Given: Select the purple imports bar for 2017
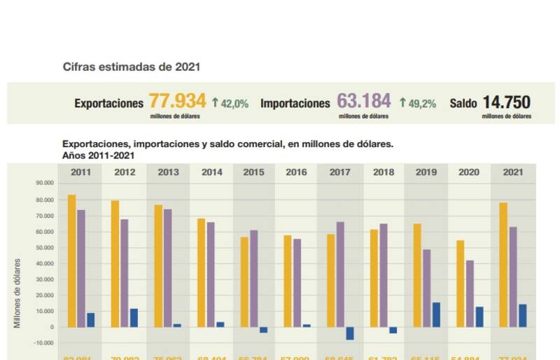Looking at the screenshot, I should click(x=340, y=274).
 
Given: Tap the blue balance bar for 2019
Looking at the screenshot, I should click(x=436, y=314).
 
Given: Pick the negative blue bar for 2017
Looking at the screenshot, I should click(x=350, y=333).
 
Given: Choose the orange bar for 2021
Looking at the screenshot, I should click(x=503, y=265).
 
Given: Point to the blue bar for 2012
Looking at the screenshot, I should click(x=134, y=318).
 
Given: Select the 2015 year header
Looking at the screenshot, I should click(x=253, y=172).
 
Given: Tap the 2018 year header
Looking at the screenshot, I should click(x=383, y=172).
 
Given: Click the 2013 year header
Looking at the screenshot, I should click(x=167, y=172).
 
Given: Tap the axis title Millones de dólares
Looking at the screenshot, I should click(x=17, y=293).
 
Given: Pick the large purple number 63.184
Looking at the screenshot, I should click(x=364, y=102).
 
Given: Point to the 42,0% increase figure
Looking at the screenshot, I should click(x=230, y=104).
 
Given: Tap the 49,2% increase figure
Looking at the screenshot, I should click(x=418, y=104).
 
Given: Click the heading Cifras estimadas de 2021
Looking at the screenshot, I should click(x=132, y=67).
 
